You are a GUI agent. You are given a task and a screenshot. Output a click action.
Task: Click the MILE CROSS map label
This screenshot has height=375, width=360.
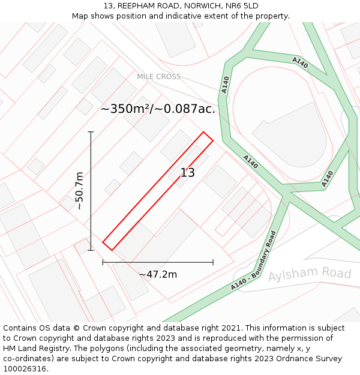158,77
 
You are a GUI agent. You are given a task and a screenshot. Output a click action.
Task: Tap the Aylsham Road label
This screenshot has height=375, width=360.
309,274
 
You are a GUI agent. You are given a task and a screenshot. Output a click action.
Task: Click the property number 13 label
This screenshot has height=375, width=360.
188,173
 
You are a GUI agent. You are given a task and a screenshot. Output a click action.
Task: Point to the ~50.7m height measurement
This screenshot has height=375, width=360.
79,190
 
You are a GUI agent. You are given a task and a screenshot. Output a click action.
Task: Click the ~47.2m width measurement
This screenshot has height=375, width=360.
158,274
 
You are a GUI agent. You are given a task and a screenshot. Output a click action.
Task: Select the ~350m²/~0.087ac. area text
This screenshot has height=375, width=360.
158,109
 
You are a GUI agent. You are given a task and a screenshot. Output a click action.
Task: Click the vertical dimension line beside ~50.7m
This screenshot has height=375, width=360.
91,190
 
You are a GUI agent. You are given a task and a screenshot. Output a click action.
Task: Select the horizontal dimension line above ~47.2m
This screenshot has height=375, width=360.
158,262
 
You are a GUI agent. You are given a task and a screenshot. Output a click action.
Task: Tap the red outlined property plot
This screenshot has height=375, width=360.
157,191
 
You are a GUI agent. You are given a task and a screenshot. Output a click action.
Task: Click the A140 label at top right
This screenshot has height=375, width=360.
300,62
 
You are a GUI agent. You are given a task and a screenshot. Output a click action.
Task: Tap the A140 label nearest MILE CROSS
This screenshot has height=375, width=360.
225,85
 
